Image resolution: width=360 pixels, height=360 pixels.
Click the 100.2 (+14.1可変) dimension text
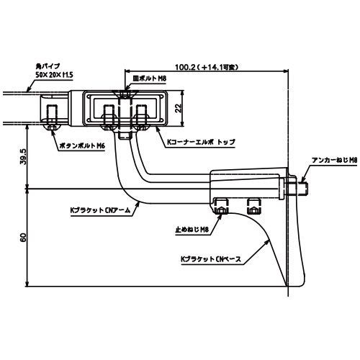207,67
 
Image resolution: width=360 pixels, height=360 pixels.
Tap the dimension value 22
179,108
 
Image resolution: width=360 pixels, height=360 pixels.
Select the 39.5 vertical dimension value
23,156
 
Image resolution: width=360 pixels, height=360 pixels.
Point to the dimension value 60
23,238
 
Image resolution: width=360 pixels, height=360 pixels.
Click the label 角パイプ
48,66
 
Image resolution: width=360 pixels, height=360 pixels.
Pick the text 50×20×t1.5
54,75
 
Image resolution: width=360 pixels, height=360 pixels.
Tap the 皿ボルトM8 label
150,78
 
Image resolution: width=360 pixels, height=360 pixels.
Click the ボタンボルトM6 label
82,145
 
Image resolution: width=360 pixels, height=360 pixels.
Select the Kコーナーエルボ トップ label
201,142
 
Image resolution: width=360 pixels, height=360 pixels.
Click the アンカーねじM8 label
335,160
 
